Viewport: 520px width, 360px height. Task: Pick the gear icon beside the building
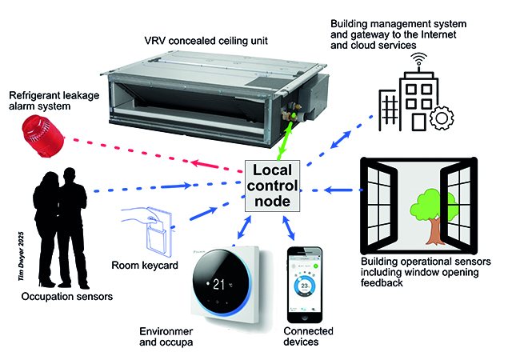tap(440, 119)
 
